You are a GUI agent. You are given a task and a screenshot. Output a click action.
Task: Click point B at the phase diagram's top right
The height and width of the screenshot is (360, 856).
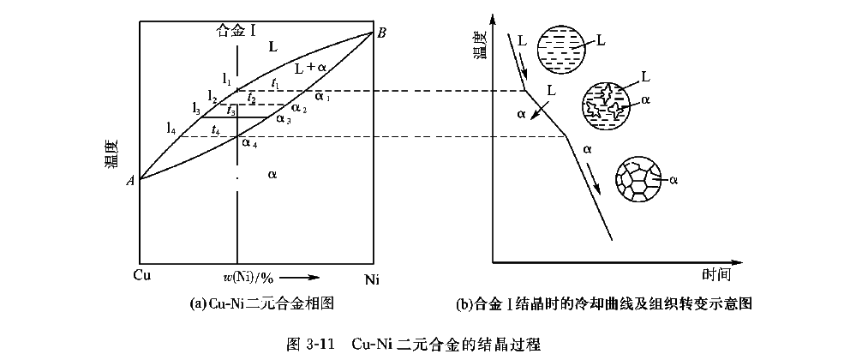[382, 32]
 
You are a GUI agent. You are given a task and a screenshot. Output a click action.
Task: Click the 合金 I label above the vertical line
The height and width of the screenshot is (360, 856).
[236, 30]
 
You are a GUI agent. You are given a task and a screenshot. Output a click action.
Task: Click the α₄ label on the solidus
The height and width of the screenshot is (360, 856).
[248, 142]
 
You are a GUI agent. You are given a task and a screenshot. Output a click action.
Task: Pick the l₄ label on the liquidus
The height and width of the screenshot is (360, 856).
[171, 129]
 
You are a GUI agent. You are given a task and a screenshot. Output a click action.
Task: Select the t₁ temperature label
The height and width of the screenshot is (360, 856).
[274, 82]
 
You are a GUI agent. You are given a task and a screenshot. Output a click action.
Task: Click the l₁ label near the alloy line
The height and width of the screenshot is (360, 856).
[226, 79]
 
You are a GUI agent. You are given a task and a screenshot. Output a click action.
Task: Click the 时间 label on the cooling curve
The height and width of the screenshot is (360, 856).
[715, 275]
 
